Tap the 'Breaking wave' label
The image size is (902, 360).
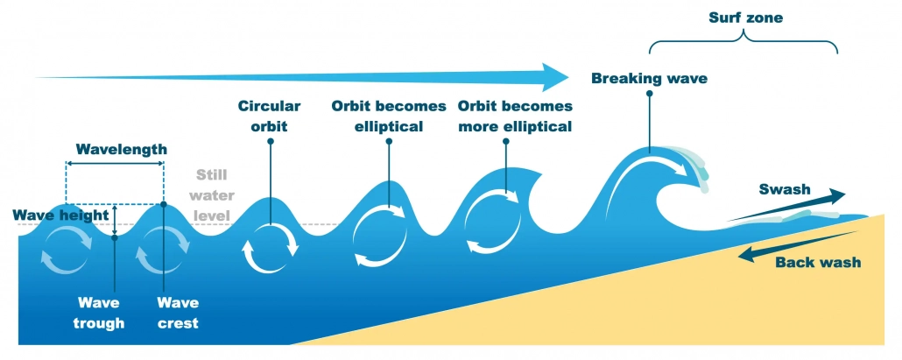(x=649, y=79)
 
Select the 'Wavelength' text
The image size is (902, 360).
(x=121, y=149)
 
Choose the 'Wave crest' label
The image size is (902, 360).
(x=177, y=313)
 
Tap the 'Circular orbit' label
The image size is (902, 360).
(x=269, y=116)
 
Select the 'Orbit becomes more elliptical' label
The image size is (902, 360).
(x=515, y=116)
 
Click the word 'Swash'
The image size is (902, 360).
(x=784, y=188)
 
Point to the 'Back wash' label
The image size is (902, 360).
(x=818, y=262)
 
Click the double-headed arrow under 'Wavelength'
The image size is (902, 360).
(x=116, y=164)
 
